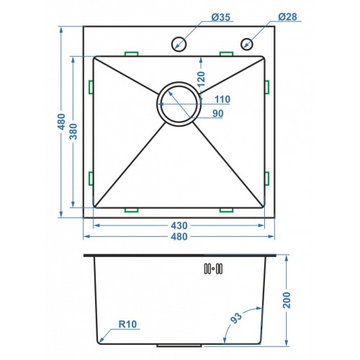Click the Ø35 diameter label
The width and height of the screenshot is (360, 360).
pos(221,17)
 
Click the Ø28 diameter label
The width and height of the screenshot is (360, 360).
pos(287,17)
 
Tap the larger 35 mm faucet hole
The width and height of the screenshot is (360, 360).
pos(179,44)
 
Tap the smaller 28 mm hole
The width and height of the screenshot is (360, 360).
pos(247,44)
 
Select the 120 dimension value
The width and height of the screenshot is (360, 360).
pos(201,79)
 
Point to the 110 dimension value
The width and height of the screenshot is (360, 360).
pos(222,99)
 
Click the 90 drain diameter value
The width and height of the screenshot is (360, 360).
pos(217,113)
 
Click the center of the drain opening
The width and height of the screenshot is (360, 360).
pos(179,104)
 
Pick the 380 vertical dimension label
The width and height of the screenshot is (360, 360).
pos(73,132)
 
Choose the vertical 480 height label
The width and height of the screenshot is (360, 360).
pos(62,122)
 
